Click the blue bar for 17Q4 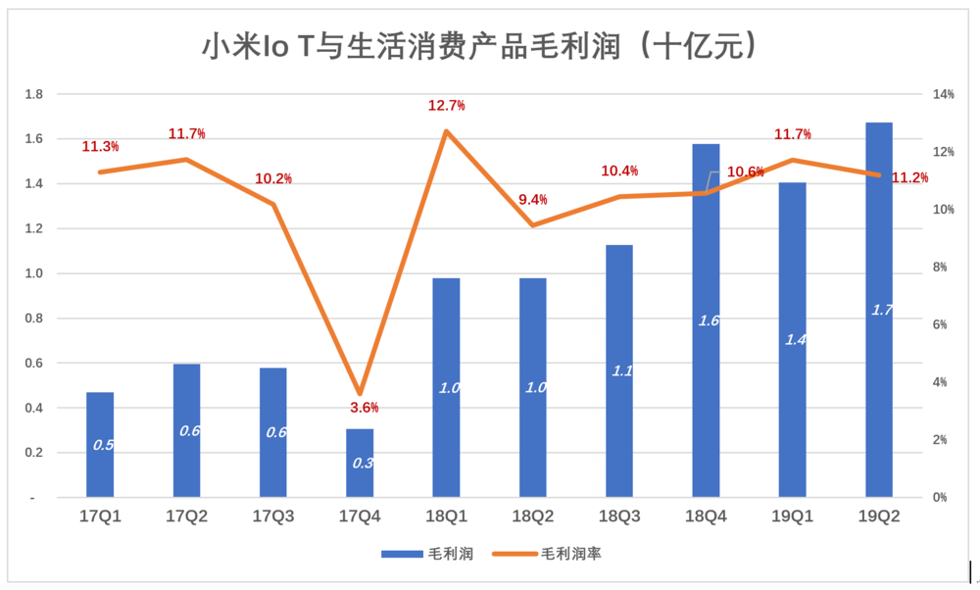360,463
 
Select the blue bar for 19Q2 879,310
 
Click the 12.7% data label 446,105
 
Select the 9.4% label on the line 532,200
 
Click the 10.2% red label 273,178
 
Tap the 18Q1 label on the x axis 446,516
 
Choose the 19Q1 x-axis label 792,516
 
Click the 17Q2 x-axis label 186,516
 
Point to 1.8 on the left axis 34,94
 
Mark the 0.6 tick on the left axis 34,364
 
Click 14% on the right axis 944,94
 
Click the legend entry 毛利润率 571,555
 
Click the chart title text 480,44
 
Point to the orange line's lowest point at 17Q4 360,393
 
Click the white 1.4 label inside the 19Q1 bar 795,339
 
